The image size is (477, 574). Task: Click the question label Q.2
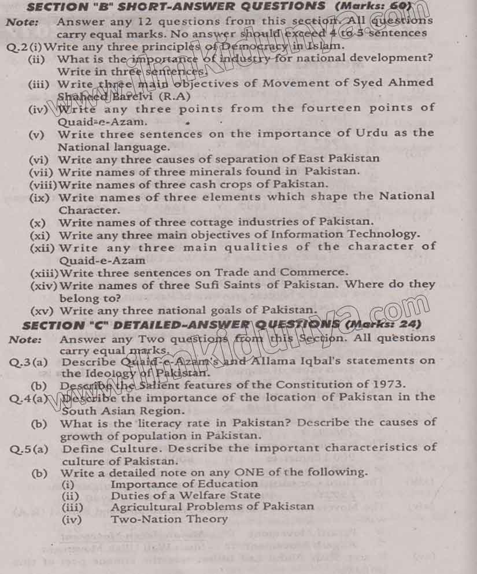coord(16,46)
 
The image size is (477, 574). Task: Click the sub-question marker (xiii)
coord(45,272)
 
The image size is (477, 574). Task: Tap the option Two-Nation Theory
coord(169,519)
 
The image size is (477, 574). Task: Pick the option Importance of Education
coord(184,484)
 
